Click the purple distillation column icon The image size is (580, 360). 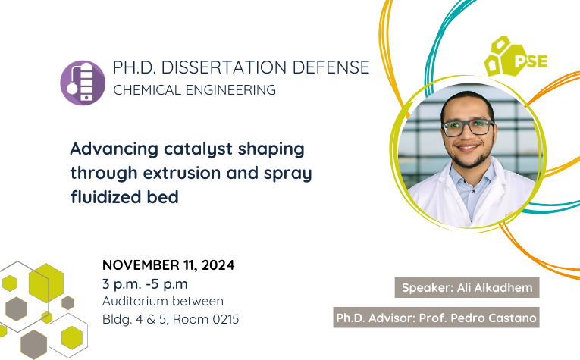pos(83,83)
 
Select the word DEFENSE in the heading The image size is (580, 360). pos(331,67)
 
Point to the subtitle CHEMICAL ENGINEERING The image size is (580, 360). pos(195,90)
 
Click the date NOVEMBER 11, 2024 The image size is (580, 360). pos(168,265)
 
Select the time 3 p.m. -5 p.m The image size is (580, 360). pos(145,284)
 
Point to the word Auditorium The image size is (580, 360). pos(136,301)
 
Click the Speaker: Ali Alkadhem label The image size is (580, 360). pos(467,287)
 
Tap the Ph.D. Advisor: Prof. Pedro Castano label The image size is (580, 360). pos(436,318)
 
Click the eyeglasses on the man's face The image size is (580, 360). pos(469,127)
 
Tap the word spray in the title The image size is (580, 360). pos(288,174)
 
